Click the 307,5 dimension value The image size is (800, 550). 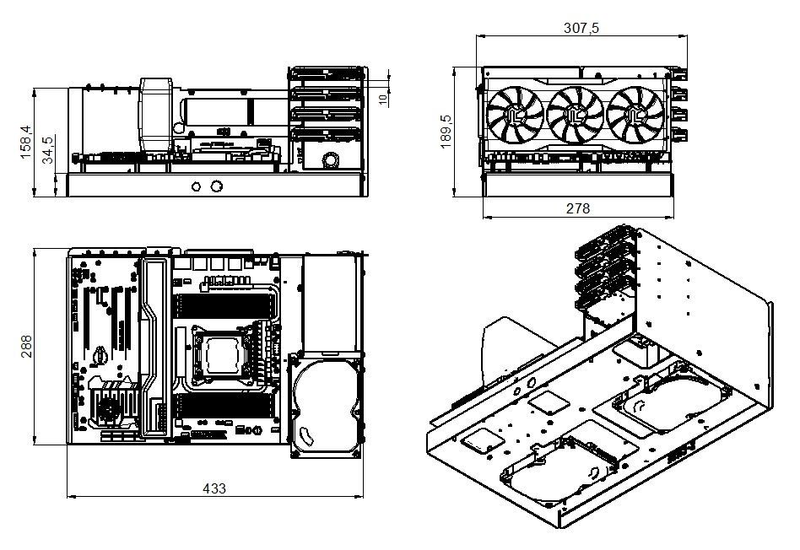[x=581, y=27]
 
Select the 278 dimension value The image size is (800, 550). [x=578, y=208]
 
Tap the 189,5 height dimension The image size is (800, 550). [x=446, y=132]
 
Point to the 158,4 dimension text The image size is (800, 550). [x=25, y=141]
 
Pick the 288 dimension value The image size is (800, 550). [x=25, y=346]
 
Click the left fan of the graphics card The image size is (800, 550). [x=515, y=117]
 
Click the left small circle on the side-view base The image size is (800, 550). [x=197, y=186]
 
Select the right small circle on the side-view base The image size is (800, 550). [x=217, y=186]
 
